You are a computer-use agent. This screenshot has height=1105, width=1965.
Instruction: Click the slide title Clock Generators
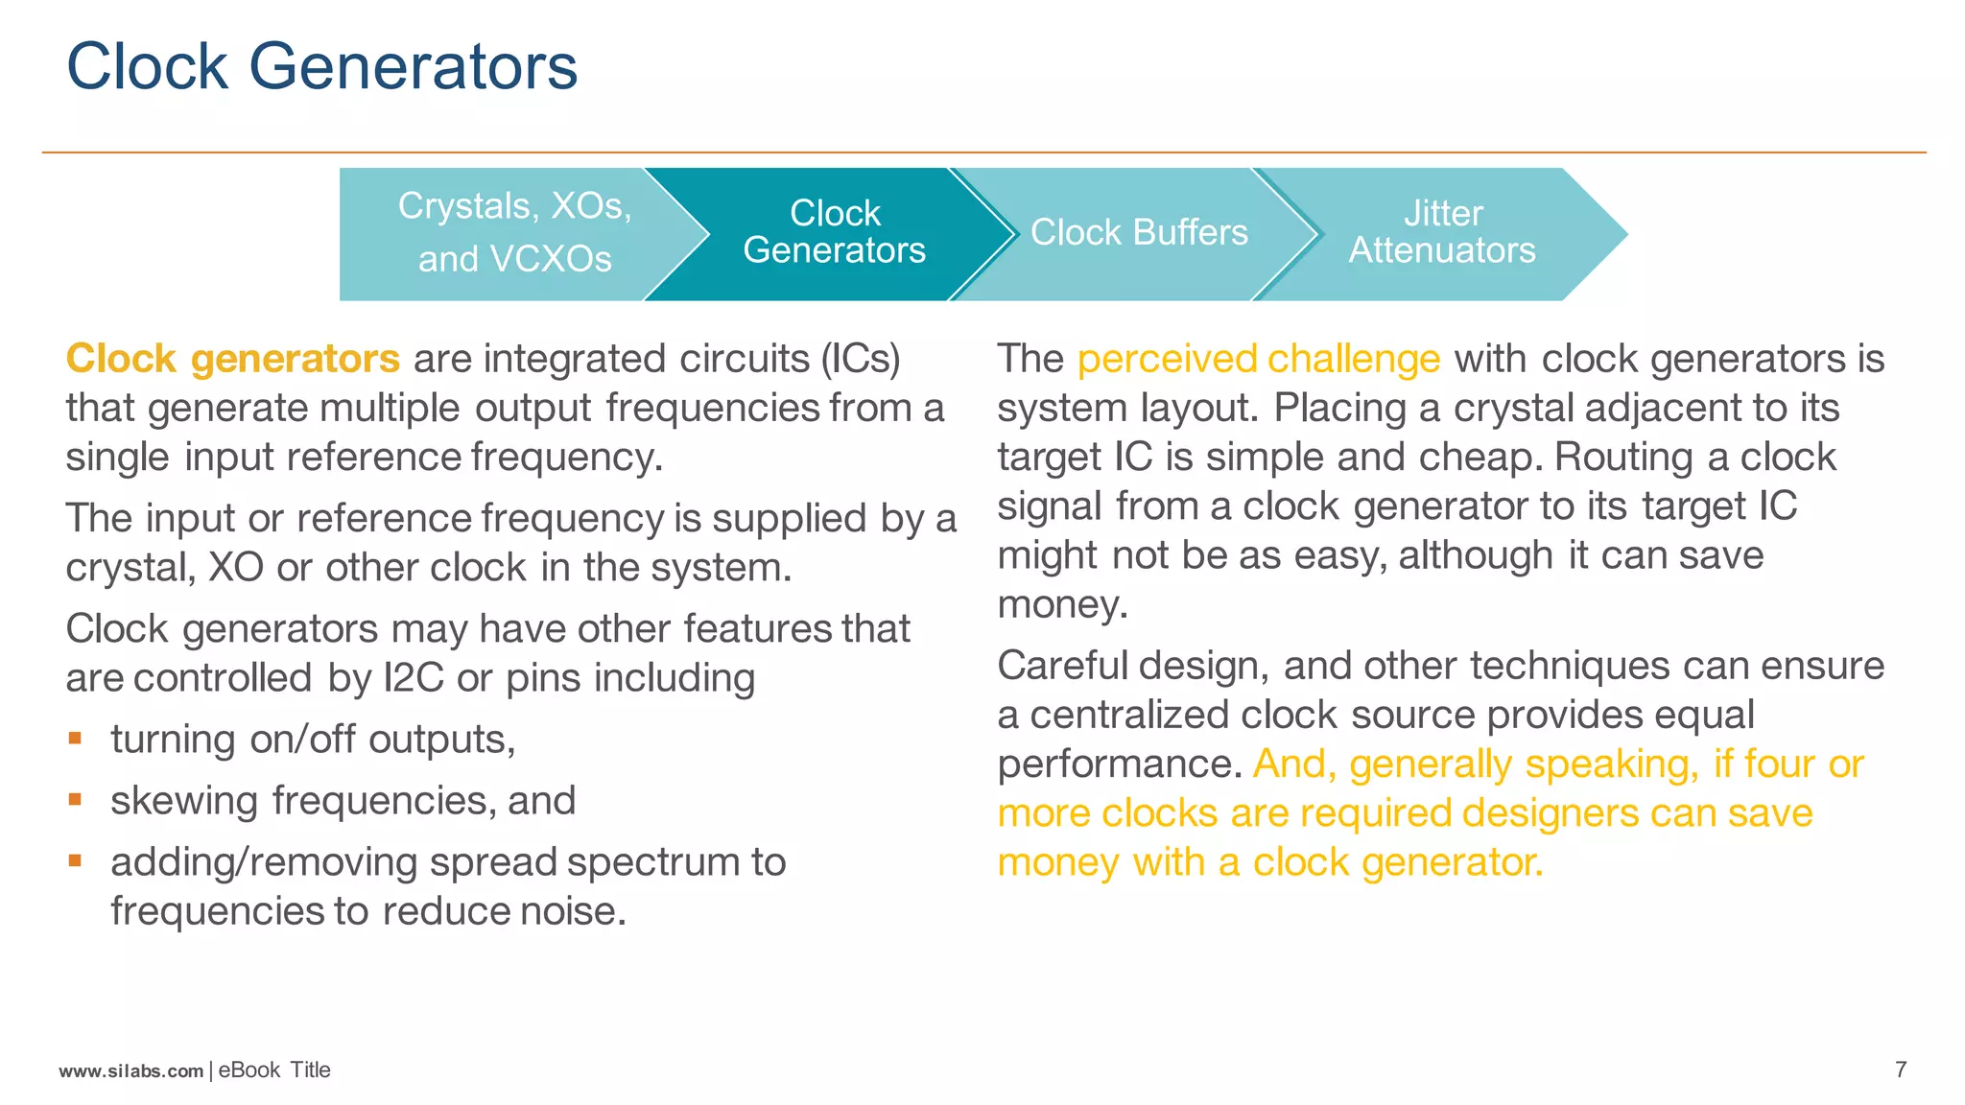[x=321, y=67]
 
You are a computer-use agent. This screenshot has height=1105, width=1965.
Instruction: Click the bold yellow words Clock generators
[x=232, y=359]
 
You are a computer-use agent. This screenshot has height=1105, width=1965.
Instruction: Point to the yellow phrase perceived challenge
[x=1258, y=359]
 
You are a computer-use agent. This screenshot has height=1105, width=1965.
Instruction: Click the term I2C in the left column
[x=413, y=678]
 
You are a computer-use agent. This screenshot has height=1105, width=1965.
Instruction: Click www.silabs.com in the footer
[x=131, y=1070]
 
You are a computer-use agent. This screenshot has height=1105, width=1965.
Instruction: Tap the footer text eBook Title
[x=274, y=1070]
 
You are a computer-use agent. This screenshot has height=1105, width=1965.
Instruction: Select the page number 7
[x=1901, y=1070]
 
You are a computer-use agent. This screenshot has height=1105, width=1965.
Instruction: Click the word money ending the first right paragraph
[x=1061, y=605]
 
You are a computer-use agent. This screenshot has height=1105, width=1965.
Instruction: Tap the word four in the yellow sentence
[x=1779, y=764]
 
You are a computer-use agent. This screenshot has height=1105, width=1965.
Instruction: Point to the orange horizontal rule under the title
[x=982, y=153]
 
